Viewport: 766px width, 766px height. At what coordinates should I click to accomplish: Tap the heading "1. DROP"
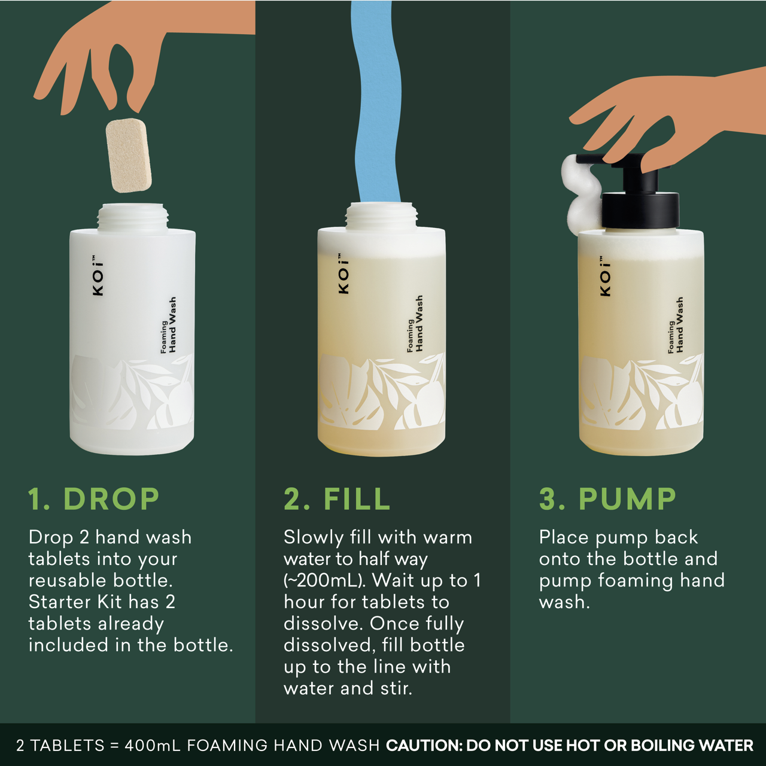93,499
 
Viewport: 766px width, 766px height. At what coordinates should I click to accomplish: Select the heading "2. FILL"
337,499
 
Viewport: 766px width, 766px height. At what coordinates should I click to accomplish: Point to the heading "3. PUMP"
607,499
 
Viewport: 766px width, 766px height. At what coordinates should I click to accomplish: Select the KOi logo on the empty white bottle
98,276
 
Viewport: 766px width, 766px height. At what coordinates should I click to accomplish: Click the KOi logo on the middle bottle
343,274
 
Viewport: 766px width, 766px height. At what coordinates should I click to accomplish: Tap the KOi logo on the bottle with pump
605,277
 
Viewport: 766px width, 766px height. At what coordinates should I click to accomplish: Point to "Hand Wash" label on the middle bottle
419,323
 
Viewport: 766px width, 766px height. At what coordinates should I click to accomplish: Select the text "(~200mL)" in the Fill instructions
324,580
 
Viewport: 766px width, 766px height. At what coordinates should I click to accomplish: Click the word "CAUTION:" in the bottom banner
424,746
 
